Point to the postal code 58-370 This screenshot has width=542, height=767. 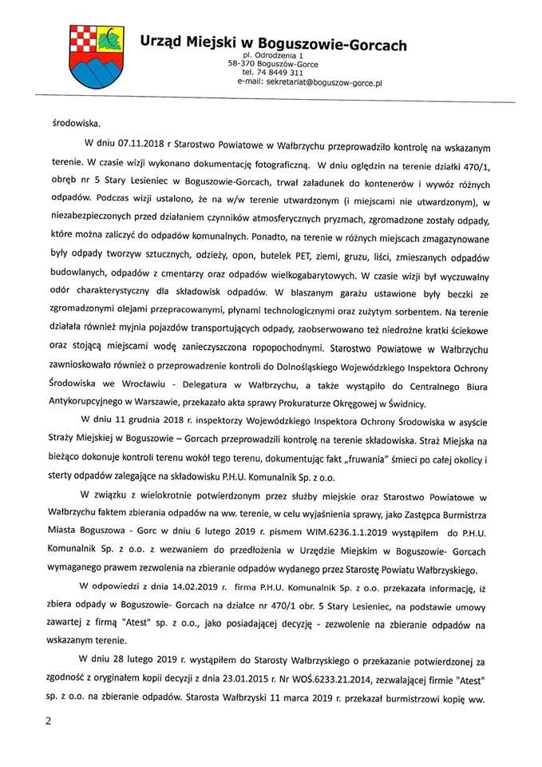pos(242,64)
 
